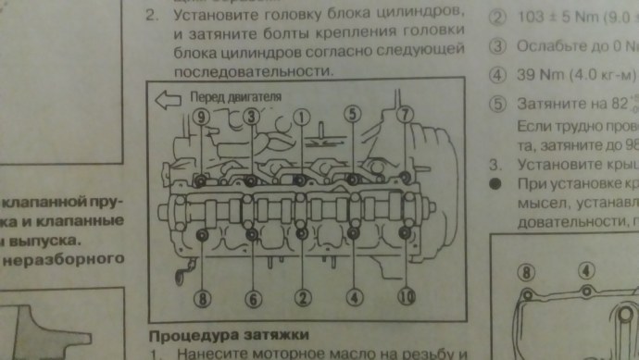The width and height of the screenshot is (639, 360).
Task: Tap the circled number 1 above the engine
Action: click(x=301, y=116)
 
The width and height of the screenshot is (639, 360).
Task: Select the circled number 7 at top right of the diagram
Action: click(x=405, y=116)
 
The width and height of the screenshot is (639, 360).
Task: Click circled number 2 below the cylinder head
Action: click(x=301, y=298)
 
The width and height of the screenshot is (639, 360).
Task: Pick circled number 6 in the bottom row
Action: click(x=253, y=298)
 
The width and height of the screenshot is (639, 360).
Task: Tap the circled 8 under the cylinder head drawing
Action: click(x=201, y=298)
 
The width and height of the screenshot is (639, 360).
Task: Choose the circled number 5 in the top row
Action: click(x=352, y=115)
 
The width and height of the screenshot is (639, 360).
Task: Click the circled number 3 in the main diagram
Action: click(x=252, y=116)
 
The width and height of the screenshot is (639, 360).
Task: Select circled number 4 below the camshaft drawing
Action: click(x=354, y=298)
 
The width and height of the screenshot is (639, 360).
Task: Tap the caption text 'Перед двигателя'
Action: click(x=232, y=96)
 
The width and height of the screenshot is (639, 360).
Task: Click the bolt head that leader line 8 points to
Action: click(x=202, y=233)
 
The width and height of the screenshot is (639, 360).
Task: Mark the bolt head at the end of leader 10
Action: click(x=405, y=234)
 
